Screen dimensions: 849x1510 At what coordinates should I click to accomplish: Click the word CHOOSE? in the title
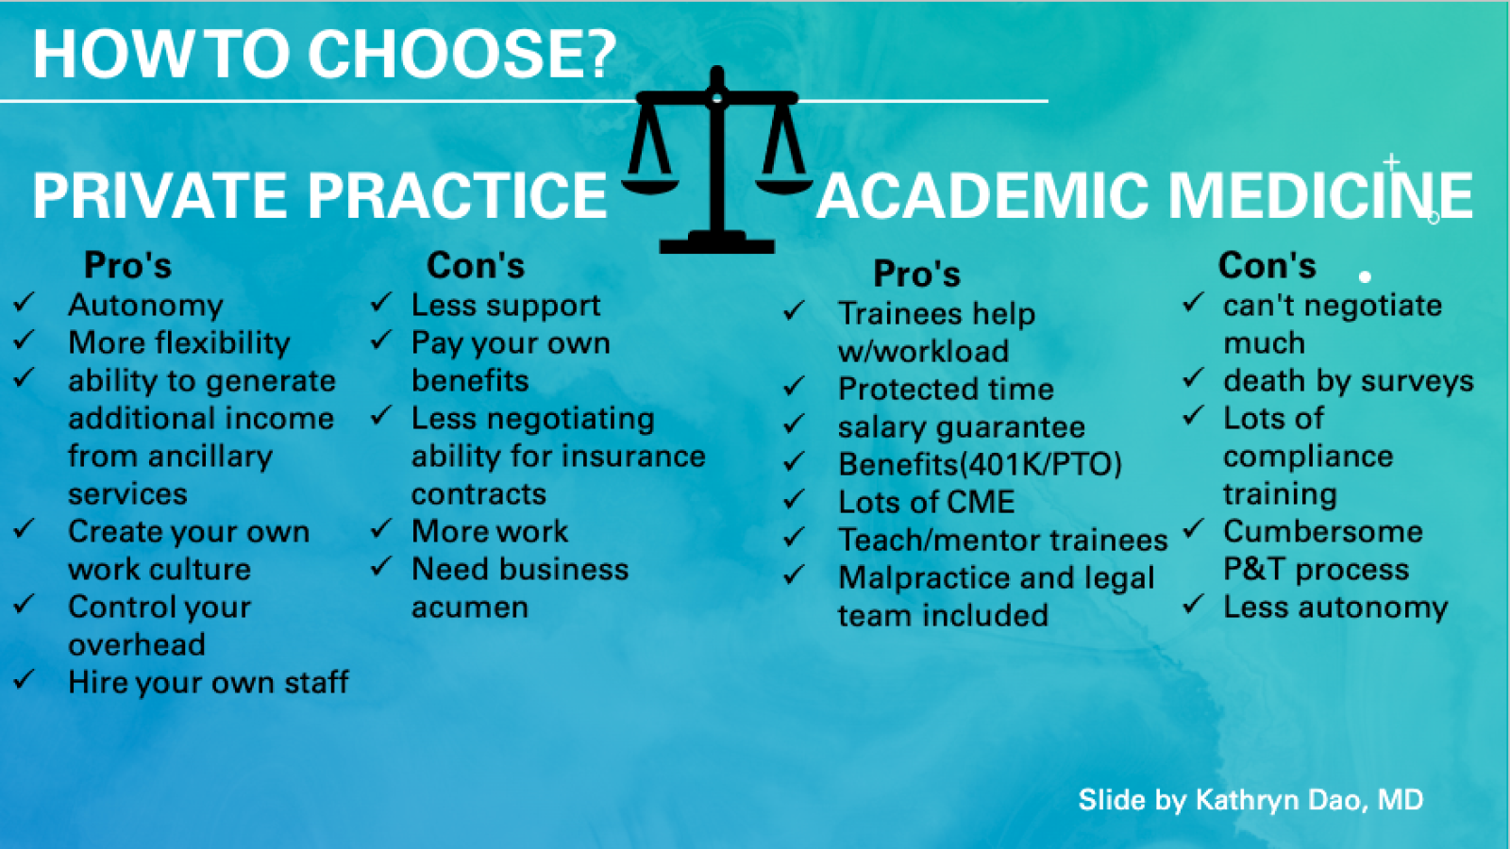point(462,54)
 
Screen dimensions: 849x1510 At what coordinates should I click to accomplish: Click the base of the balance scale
point(717,246)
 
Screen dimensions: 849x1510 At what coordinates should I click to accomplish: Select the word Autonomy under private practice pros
point(145,306)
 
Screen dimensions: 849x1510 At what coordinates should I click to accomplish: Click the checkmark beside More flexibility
point(25,341)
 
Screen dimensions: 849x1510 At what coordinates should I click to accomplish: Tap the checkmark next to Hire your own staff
point(25,680)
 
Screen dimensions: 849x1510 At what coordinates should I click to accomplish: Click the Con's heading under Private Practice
point(476,266)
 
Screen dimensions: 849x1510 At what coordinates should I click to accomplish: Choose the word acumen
point(469,608)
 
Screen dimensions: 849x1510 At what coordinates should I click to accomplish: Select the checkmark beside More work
point(381,529)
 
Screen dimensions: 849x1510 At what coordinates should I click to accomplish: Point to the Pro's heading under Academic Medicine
point(916,275)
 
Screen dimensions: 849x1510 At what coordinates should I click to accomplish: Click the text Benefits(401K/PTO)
point(980,465)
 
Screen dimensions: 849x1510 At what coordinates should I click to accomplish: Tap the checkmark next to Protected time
point(795,387)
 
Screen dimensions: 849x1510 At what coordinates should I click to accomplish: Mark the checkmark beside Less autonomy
point(1194,605)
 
